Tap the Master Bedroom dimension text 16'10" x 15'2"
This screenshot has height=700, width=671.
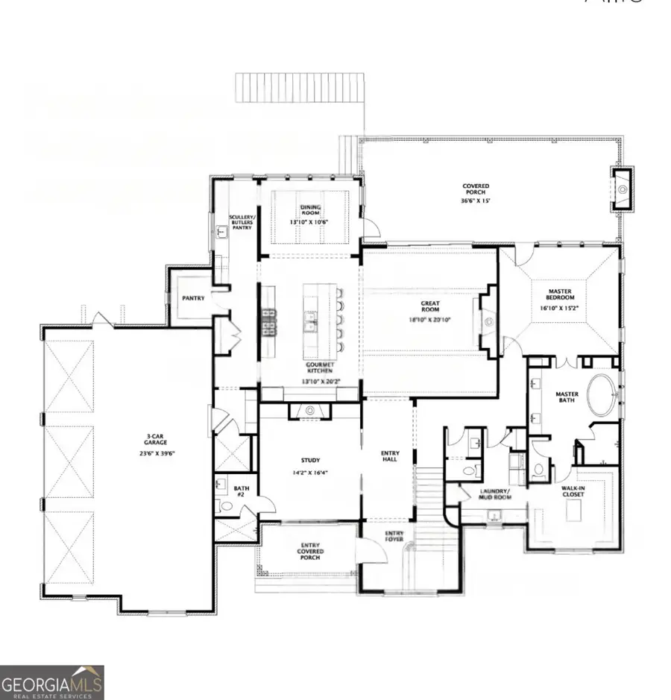coord(559,306)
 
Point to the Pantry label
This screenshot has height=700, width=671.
coord(193,298)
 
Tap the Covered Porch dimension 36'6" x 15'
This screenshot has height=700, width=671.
coord(475,201)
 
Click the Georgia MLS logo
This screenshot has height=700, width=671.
coord(52,682)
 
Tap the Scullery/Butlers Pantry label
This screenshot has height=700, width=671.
coord(240,221)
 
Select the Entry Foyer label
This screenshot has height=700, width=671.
coord(394,537)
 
